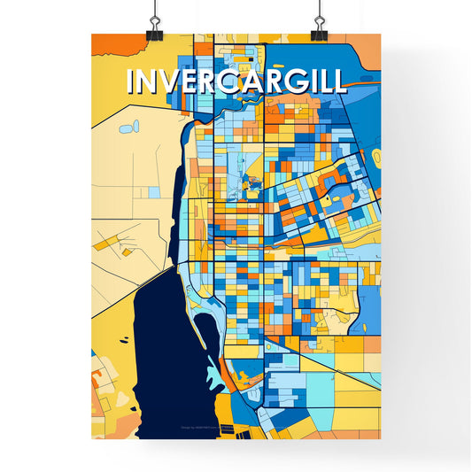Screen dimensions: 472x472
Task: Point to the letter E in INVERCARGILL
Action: tap(190, 81)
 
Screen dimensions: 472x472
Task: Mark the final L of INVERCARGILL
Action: tap(337, 81)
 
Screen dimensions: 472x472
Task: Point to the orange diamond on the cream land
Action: tap(126, 251)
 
